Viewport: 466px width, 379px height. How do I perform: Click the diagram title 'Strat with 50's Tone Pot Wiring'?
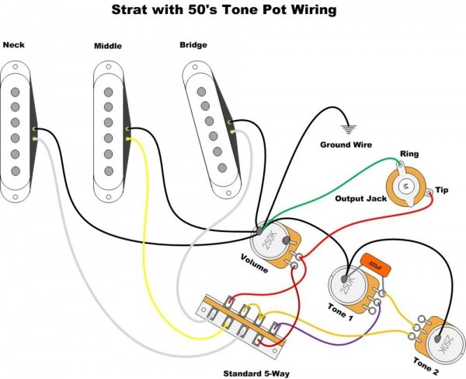(x=225, y=11)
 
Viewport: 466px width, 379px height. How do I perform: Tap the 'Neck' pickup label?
(x=14, y=44)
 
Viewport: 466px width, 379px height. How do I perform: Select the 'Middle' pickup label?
(x=108, y=46)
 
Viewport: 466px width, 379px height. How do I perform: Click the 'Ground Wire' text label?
(x=346, y=145)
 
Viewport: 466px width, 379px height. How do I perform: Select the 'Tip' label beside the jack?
(x=441, y=190)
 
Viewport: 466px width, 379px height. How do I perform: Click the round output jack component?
(x=408, y=185)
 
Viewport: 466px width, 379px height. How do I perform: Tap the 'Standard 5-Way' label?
(x=255, y=374)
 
